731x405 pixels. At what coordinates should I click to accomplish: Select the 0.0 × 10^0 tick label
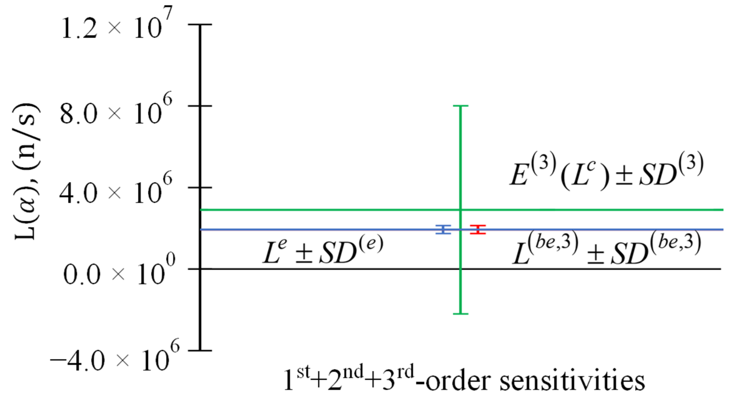click(119, 272)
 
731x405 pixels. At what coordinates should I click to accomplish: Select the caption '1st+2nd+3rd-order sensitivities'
click(464, 380)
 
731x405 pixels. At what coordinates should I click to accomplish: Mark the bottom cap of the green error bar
click(460, 313)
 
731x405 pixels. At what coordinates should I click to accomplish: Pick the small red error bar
click(478, 230)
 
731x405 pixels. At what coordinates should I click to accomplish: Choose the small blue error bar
click(443, 230)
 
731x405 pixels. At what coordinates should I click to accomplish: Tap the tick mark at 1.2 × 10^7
click(200, 24)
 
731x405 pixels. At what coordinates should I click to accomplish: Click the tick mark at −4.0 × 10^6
click(200, 350)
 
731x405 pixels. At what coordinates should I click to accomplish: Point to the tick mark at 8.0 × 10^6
click(200, 106)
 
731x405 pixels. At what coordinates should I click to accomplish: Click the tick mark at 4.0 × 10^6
click(200, 187)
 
